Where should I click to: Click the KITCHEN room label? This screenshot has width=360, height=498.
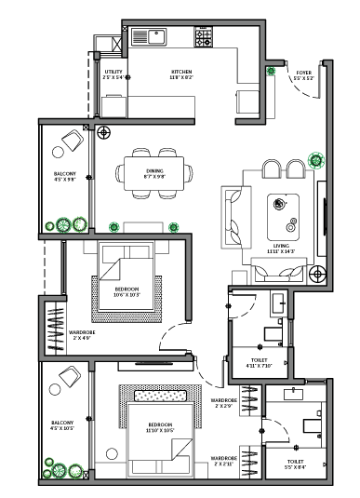[x=180, y=74]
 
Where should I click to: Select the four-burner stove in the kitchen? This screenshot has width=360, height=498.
[x=203, y=36]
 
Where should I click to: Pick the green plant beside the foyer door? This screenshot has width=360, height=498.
[x=271, y=71]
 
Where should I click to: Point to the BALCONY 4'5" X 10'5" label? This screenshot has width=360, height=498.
[x=63, y=425]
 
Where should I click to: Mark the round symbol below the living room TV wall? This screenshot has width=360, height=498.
[x=317, y=274]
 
